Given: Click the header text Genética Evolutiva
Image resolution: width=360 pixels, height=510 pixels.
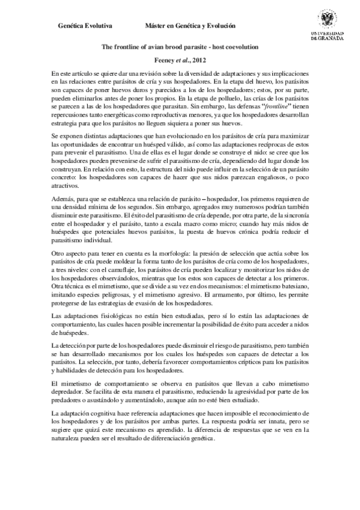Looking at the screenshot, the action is click(x=84, y=27).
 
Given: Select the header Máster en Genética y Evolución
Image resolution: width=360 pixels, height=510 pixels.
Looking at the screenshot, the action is click(x=190, y=27).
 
